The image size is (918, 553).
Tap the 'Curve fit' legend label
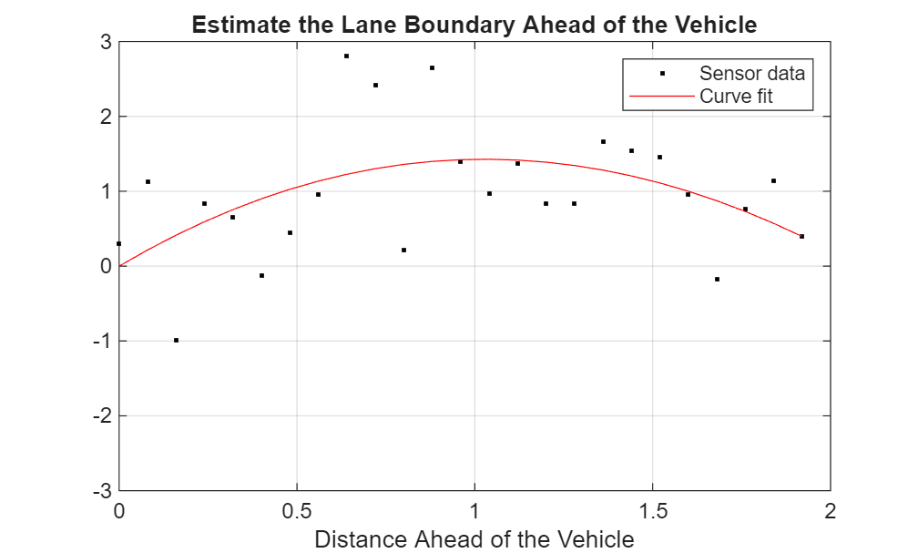736,96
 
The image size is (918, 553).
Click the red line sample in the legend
660,96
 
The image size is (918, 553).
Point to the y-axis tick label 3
106,42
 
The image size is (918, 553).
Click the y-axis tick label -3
103,490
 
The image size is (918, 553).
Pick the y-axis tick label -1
103,341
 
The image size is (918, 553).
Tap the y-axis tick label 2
106,117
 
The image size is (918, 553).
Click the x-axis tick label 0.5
297,511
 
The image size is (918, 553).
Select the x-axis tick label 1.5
652,511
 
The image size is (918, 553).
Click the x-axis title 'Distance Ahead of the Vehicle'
474,539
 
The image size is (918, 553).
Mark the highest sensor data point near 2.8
346,56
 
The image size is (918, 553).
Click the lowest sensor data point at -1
176,341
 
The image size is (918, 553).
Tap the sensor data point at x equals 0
119,244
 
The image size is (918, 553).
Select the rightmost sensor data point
801,237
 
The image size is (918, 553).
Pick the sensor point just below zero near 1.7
717,279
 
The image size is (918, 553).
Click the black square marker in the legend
662,74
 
